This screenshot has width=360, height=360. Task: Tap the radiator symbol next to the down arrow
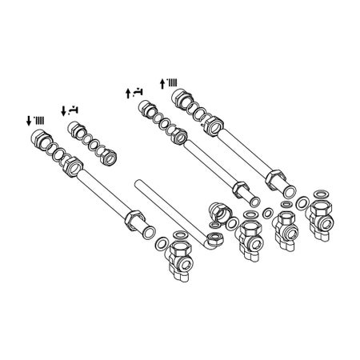coord(39,120)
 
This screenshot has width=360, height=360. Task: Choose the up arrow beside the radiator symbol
coord(163,82)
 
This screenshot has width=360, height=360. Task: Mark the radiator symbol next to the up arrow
coord(173,82)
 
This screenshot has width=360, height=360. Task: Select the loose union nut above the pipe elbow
coord(220,213)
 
